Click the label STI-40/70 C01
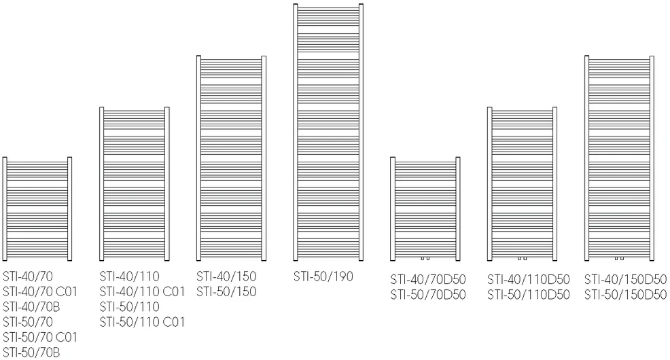[39, 291]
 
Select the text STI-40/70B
[31, 306]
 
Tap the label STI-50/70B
[31, 353]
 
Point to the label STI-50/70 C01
[39, 337]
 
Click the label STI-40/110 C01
[142, 291]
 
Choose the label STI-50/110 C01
[142, 321]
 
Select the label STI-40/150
[226, 276]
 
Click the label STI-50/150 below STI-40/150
[226, 291]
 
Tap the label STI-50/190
[323, 276]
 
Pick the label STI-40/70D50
[427, 279]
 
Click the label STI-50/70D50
[427, 295]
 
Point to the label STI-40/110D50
[529, 279]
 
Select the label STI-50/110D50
[529, 295]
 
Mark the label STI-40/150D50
[626, 279]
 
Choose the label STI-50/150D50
[626, 295]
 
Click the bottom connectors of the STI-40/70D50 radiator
[425, 258]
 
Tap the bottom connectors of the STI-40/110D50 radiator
[522, 258]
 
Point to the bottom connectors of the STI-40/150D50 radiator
[619, 258]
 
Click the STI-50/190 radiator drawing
[328, 132]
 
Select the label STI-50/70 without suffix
[28, 321]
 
